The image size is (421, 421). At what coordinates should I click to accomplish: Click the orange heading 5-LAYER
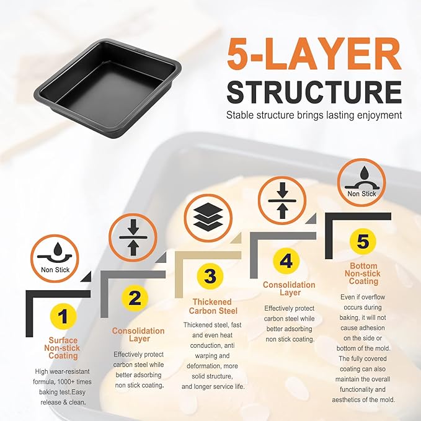tap(314, 54)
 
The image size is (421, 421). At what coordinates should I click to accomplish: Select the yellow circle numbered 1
tap(63, 316)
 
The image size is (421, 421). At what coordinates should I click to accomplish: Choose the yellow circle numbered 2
tap(135, 298)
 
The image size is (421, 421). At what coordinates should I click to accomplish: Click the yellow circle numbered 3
tap(210, 277)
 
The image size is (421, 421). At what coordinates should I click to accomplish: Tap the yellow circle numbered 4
tap(286, 260)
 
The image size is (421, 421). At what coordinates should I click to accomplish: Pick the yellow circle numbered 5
tap(363, 241)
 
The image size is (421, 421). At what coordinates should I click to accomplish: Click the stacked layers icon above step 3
tap(208, 218)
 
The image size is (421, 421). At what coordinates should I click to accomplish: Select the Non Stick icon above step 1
tap(55, 259)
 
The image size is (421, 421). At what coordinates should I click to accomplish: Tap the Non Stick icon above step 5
tap(361, 182)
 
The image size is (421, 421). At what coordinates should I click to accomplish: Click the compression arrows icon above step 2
tap(133, 237)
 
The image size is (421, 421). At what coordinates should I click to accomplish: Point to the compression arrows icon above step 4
tap(282, 200)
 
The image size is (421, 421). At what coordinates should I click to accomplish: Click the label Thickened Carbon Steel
tap(213, 306)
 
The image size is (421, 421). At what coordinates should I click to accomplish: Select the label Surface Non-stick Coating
tap(62, 348)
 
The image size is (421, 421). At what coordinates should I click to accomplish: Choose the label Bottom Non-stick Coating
tap(363, 273)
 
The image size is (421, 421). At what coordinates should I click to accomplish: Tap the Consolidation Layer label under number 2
tap(138, 335)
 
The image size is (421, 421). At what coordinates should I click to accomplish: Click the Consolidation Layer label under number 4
tap(289, 289)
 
